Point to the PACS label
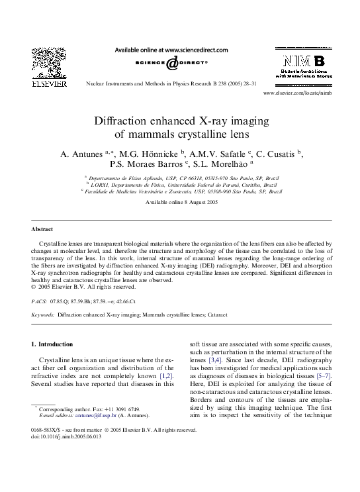pyautogui.click(x=40, y=300)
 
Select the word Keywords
pyautogui.click(x=44, y=315)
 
